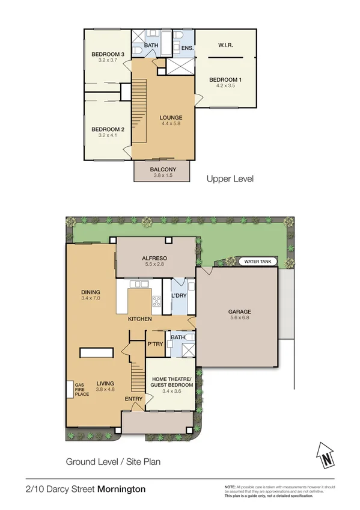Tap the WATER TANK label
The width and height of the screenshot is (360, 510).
257,262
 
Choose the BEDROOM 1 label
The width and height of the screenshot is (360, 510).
225,80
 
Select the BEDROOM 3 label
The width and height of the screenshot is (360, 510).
108,55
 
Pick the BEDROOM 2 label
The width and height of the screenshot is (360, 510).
108,129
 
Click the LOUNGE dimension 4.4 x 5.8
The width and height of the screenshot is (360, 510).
171,124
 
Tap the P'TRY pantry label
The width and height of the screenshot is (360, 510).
155,344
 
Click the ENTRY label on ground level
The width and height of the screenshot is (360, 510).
133,399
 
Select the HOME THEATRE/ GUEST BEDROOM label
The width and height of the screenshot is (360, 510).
171,382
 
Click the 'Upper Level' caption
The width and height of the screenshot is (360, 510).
230,179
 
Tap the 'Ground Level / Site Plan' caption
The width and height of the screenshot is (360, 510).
113,462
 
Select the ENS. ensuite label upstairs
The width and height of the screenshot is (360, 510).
186,47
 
